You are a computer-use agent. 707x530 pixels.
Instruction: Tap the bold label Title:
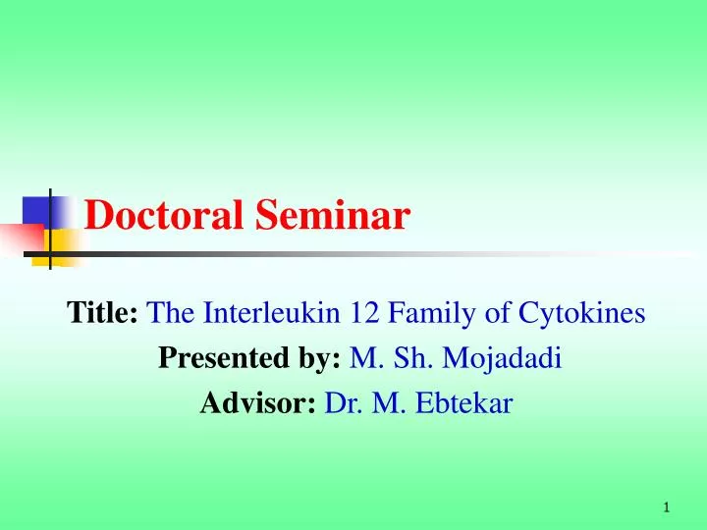pyautogui.click(x=102, y=314)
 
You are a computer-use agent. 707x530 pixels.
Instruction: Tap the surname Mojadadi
pyautogui.click(x=502, y=359)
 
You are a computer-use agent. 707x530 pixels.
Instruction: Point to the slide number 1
pyautogui.click(x=666, y=507)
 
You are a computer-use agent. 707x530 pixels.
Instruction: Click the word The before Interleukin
pyautogui.click(x=174, y=314)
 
